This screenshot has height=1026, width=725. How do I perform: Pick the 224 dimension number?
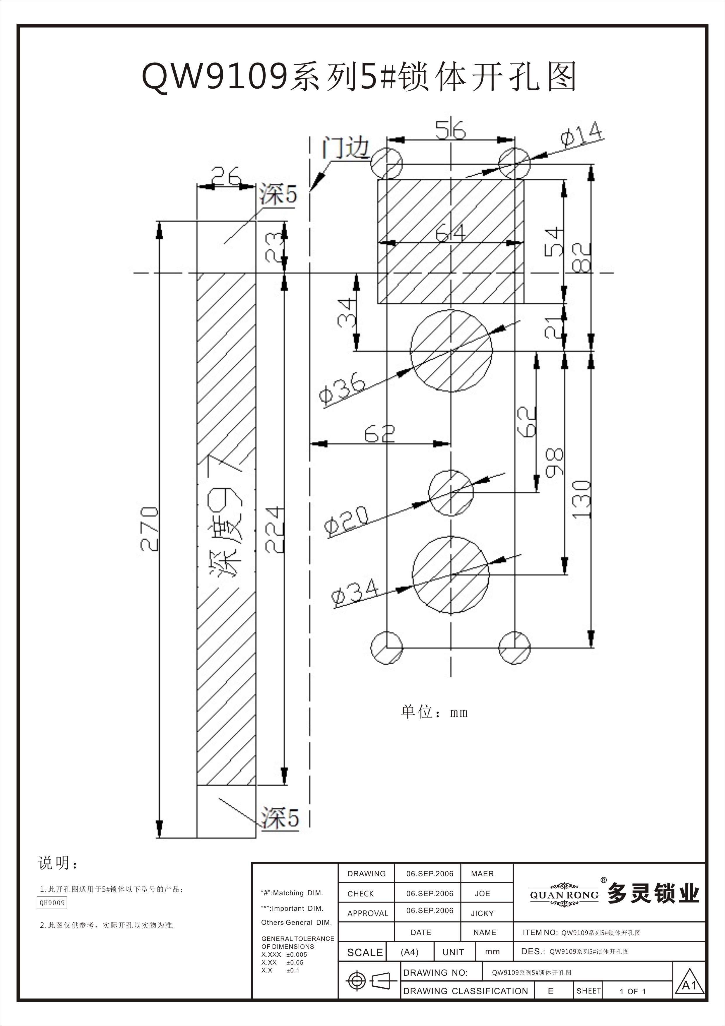point(274,530)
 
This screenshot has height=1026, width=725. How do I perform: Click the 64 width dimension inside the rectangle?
point(450,233)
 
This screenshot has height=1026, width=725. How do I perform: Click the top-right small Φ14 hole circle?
point(514,163)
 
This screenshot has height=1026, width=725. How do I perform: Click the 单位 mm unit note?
point(434,712)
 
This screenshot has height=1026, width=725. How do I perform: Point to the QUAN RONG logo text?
point(564,895)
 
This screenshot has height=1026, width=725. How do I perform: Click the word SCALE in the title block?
point(365,952)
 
